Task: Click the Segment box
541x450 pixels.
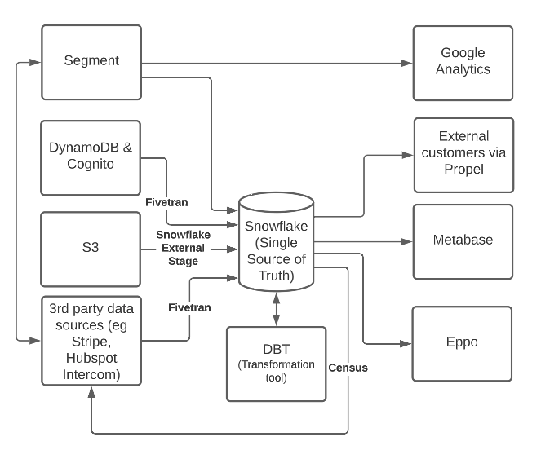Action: (x=91, y=61)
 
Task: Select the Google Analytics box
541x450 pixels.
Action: (x=462, y=61)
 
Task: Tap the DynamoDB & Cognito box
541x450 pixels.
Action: (x=91, y=157)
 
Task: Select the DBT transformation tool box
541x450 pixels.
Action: (x=275, y=363)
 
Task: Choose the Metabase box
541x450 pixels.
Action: (x=462, y=241)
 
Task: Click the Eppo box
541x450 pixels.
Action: (x=462, y=342)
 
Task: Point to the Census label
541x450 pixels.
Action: (x=348, y=368)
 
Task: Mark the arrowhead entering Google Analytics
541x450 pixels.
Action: (x=407, y=61)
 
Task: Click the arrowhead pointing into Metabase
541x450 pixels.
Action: (x=407, y=242)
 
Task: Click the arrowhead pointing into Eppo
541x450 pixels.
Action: (x=407, y=342)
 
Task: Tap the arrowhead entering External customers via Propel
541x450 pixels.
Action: (x=407, y=152)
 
